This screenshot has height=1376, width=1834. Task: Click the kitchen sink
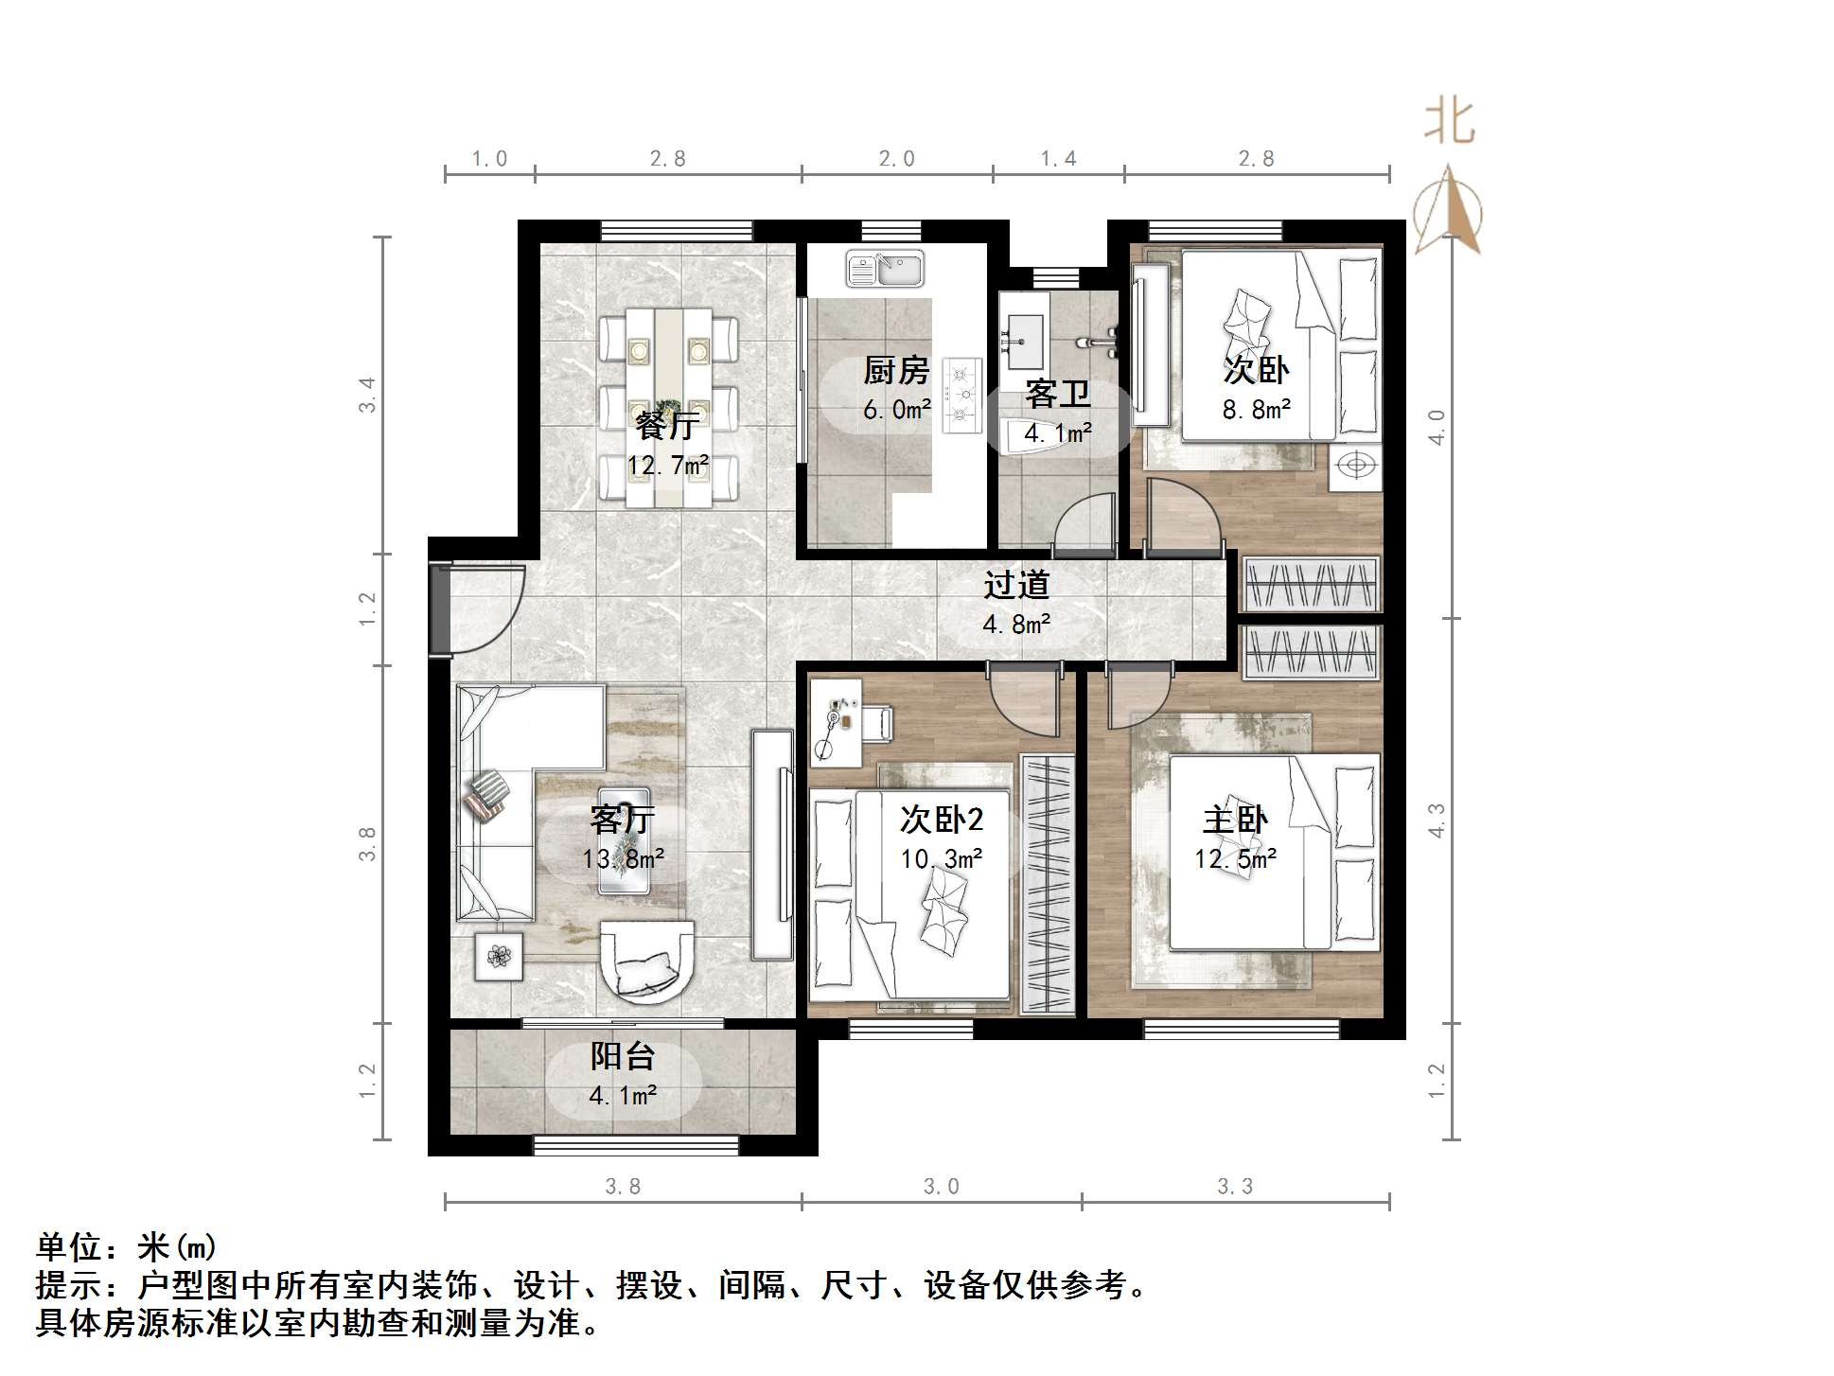886,269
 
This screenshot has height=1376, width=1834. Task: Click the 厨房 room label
896,371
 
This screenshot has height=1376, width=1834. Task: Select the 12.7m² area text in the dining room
668,466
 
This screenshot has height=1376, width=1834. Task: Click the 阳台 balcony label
623,1057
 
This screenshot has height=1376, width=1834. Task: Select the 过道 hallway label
1016,585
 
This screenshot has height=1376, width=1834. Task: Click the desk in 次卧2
837,720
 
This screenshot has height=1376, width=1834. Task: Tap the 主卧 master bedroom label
1235,820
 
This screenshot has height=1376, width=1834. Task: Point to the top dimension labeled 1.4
1058,159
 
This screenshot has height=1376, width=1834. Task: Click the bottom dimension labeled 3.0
941,1187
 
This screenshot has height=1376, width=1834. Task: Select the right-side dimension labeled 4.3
1437,820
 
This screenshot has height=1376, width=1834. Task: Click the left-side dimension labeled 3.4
367,395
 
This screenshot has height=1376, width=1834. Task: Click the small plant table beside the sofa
499,956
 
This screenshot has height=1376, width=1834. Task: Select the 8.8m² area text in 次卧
1257,410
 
